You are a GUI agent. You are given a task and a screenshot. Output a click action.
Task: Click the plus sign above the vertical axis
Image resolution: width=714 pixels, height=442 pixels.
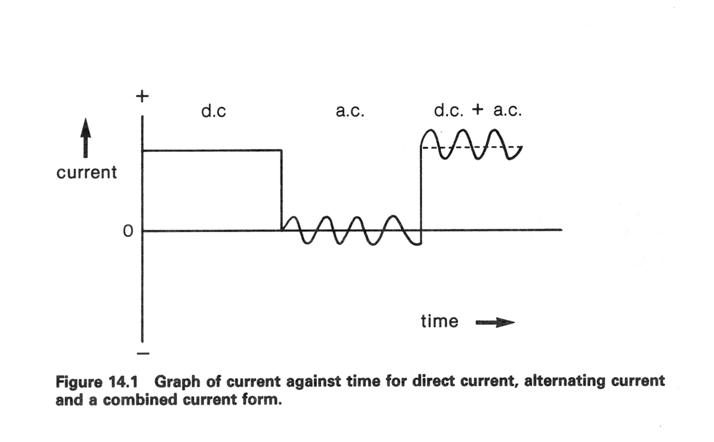coord(142,96)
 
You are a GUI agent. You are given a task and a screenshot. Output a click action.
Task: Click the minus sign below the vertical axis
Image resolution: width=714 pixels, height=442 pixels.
coord(143,354)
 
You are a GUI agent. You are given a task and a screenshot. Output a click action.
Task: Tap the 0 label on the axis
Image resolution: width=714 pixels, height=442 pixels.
coord(127,232)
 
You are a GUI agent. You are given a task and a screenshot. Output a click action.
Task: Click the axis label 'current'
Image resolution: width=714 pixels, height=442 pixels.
coord(86,172)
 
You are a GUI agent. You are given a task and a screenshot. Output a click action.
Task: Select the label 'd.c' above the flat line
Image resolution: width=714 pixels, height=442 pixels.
coord(214,113)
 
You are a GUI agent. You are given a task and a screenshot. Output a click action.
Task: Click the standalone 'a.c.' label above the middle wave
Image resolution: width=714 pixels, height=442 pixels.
coord(350,113)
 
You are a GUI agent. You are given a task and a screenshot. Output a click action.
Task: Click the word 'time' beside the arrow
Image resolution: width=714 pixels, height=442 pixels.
coord(439,321)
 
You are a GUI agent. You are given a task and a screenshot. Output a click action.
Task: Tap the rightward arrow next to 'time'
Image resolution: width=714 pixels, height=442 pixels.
coord(495,323)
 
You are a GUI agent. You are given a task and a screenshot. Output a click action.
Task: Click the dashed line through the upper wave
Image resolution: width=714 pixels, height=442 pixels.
coord(471,147)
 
